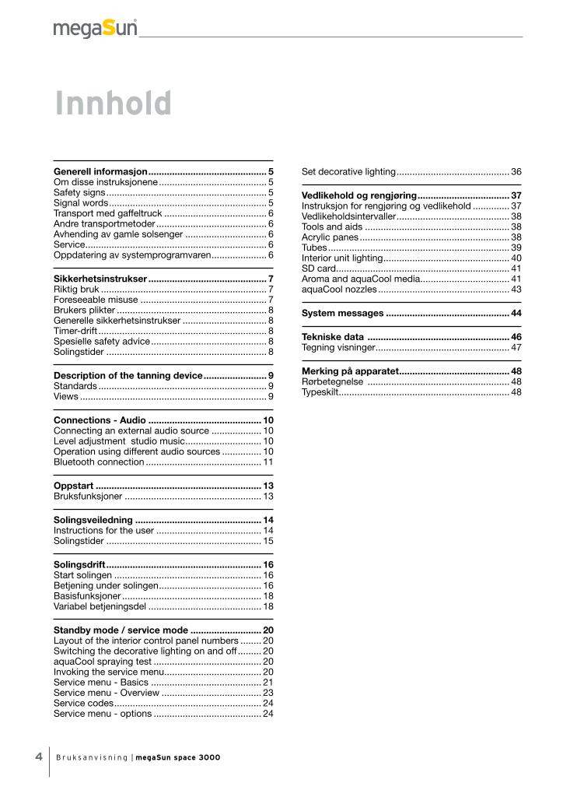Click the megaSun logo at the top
[x=95, y=29]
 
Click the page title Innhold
[x=113, y=104]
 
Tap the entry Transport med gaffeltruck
[x=107, y=212]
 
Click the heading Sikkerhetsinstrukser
[x=100, y=278]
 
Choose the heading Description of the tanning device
[x=128, y=375]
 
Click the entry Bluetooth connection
[x=99, y=462]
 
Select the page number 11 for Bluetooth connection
[x=268, y=462]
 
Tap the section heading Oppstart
[x=74, y=486]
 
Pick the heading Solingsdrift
[x=79, y=564]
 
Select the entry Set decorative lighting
[x=348, y=171]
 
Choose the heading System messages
[x=342, y=313]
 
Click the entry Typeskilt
[x=320, y=392]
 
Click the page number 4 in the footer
[x=38, y=757]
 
